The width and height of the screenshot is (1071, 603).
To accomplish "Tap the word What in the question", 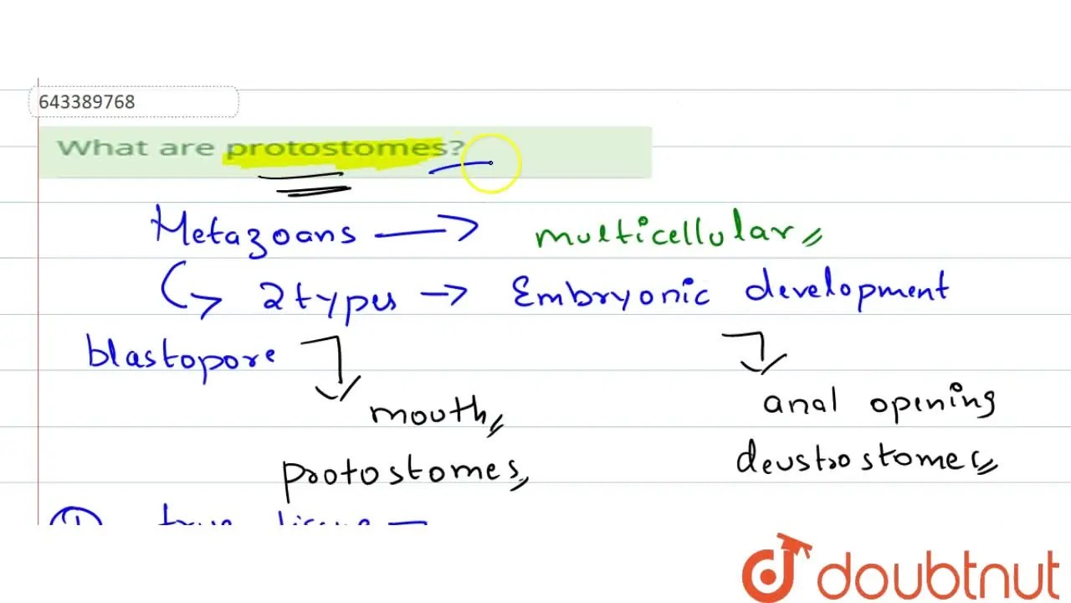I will tap(92, 148).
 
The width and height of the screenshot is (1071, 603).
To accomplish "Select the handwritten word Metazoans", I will tap(254, 229).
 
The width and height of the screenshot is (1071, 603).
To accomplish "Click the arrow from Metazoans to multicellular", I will tap(427, 231).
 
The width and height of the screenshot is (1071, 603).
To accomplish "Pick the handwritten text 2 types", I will tap(329, 297).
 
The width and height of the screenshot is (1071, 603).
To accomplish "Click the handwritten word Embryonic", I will tap(611, 293).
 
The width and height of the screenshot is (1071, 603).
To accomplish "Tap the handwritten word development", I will tap(846, 290).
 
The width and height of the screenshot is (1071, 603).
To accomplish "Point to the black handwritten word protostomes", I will tap(400, 472).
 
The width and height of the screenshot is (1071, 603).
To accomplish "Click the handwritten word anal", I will tap(800, 404).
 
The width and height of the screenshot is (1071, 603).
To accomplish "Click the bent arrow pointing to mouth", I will tap(335, 368).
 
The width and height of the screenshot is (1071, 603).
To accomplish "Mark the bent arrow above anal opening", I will tap(754, 351).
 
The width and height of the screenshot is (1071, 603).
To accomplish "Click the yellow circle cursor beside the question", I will tap(490, 162).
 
